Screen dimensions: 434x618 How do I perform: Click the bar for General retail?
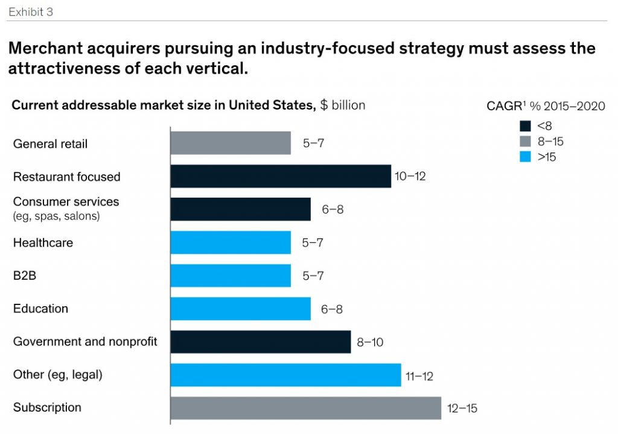[x=231, y=143]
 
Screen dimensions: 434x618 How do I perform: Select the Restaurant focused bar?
[x=281, y=177]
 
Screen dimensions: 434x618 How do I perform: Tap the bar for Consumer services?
[x=240, y=209]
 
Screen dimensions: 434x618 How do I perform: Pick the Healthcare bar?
[x=231, y=242]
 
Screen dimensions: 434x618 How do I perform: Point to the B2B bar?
[x=231, y=275]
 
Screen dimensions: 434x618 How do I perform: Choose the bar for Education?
[x=240, y=309]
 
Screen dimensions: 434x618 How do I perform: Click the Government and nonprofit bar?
[x=260, y=342]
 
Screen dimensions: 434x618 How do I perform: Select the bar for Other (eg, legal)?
[x=285, y=375]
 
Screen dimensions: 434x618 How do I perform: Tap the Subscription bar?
[x=305, y=408]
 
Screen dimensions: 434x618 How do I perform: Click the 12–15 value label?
[x=462, y=409]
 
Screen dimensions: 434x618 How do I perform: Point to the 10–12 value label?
[x=410, y=177]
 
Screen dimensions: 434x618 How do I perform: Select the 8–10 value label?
[x=370, y=342]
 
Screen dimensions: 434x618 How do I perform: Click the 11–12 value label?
[x=419, y=376]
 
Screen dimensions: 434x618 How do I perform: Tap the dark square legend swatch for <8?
[x=524, y=126]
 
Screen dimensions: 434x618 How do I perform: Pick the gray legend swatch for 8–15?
[x=524, y=142]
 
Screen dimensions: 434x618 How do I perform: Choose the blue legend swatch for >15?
[x=524, y=158]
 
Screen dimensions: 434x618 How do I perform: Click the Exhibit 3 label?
[x=31, y=11]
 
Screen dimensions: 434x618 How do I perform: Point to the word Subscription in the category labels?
[x=47, y=407]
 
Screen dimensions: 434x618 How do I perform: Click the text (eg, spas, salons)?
[x=56, y=216]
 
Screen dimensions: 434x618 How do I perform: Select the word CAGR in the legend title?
[x=505, y=106]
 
